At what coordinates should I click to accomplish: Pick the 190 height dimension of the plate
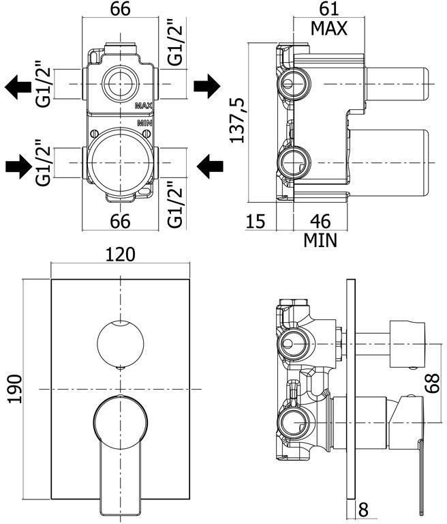pyautogui.click(x=15, y=388)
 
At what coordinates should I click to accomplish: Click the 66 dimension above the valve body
pyautogui.click(x=119, y=10)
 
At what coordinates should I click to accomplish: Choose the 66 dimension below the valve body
pyautogui.click(x=119, y=221)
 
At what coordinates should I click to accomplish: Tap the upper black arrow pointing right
pyautogui.click(x=206, y=86)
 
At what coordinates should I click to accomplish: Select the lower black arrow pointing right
pyautogui.click(x=18, y=164)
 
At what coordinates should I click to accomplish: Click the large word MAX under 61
pyautogui.click(x=328, y=29)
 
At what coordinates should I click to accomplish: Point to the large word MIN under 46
pyautogui.click(x=320, y=240)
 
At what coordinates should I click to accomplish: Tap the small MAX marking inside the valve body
pyautogui.click(x=142, y=106)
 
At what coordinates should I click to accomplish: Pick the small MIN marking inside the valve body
pyautogui.click(x=143, y=123)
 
